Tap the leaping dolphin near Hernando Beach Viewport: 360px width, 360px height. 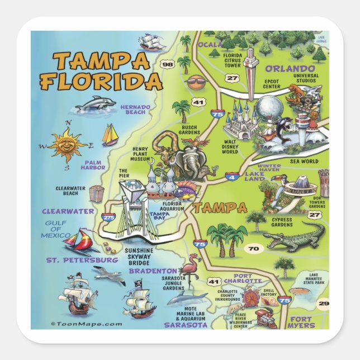pos(95,104)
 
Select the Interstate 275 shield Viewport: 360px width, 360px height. pos(108,216)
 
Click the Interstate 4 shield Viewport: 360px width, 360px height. pos(230,178)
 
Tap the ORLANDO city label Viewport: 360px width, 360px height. pos(287,68)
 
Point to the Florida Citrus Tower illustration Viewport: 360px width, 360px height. pos(250,67)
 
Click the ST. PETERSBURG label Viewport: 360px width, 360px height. pos(82,260)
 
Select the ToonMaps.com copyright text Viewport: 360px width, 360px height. pos(86,324)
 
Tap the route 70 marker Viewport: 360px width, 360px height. pos(254,248)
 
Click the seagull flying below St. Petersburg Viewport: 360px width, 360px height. pos(109,274)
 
